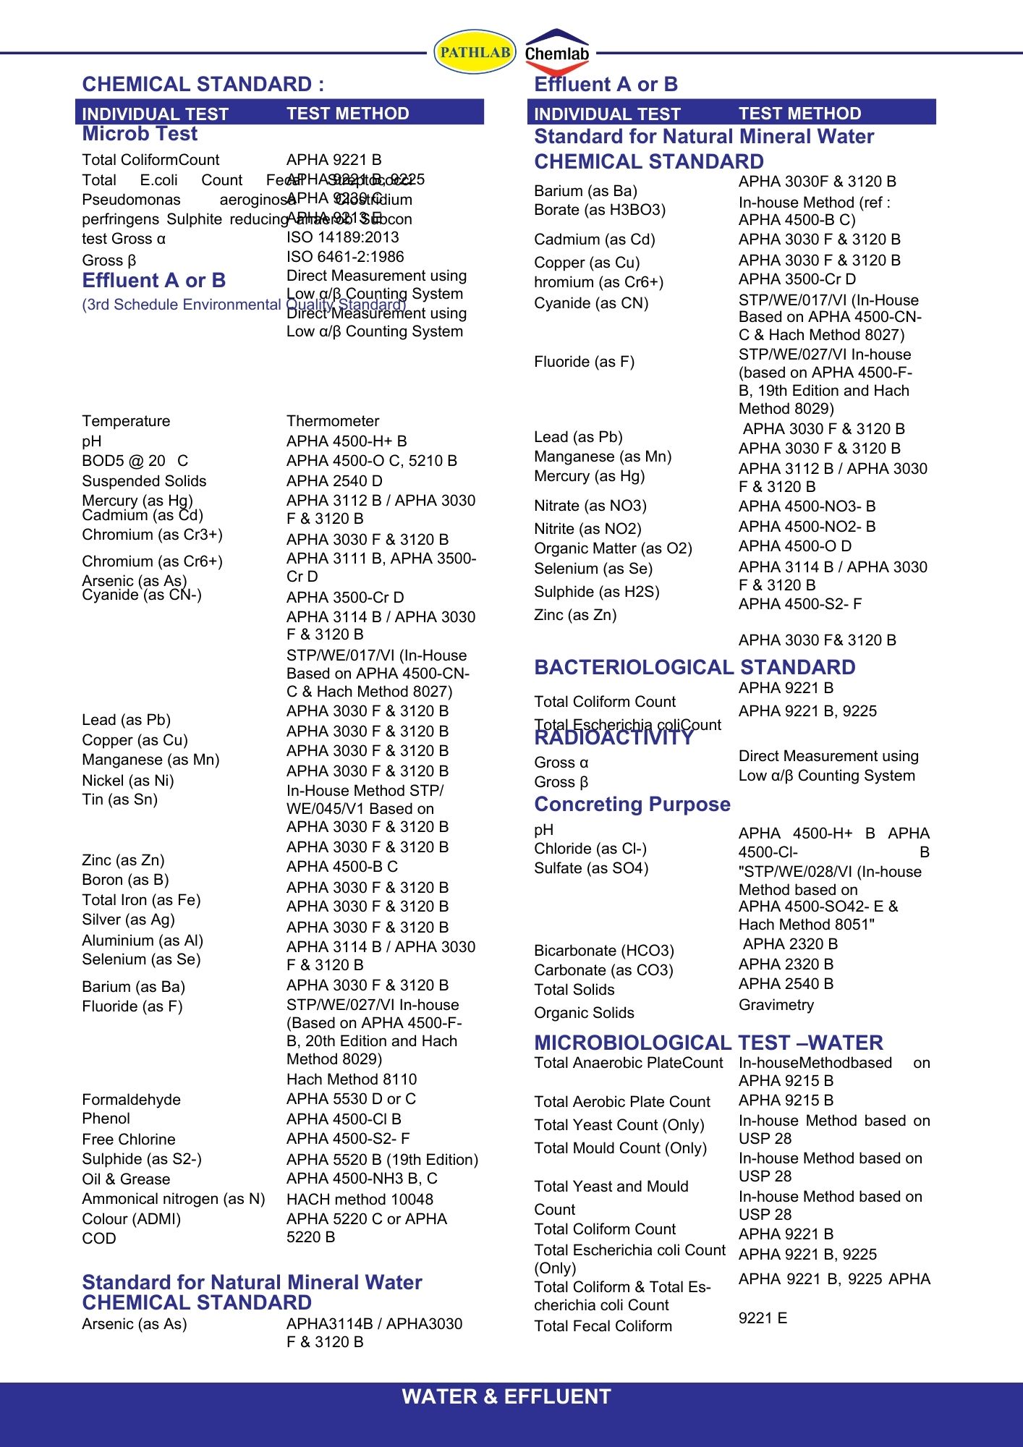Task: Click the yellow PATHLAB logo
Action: click(x=475, y=52)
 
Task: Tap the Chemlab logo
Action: click(x=556, y=52)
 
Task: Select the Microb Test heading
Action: click(x=140, y=134)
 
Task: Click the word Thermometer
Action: click(x=333, y=421)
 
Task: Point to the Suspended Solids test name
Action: click(x=144, y=481)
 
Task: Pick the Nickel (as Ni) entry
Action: click(x=128, y=780)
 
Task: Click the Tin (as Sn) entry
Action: click(x=119, y=799)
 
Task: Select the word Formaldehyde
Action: click(x=131, y=1100)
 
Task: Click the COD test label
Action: click(x=99, y=1239)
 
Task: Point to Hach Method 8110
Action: click(x=352, y=1079)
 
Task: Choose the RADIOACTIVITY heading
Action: click(x=614, y=738)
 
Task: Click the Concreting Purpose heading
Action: click(x=632, y=805)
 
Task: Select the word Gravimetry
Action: click(x=776, y=1005)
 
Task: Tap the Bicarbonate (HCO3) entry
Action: click(x=604, y=951)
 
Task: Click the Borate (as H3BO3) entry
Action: click(x=600, y=210)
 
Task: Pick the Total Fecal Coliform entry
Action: click(x=603, y=1326)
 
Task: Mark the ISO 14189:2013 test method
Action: click(x=343, y=237)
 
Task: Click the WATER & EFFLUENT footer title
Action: click(x=506, y=1396)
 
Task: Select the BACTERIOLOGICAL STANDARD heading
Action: click(x=695, y=667)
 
